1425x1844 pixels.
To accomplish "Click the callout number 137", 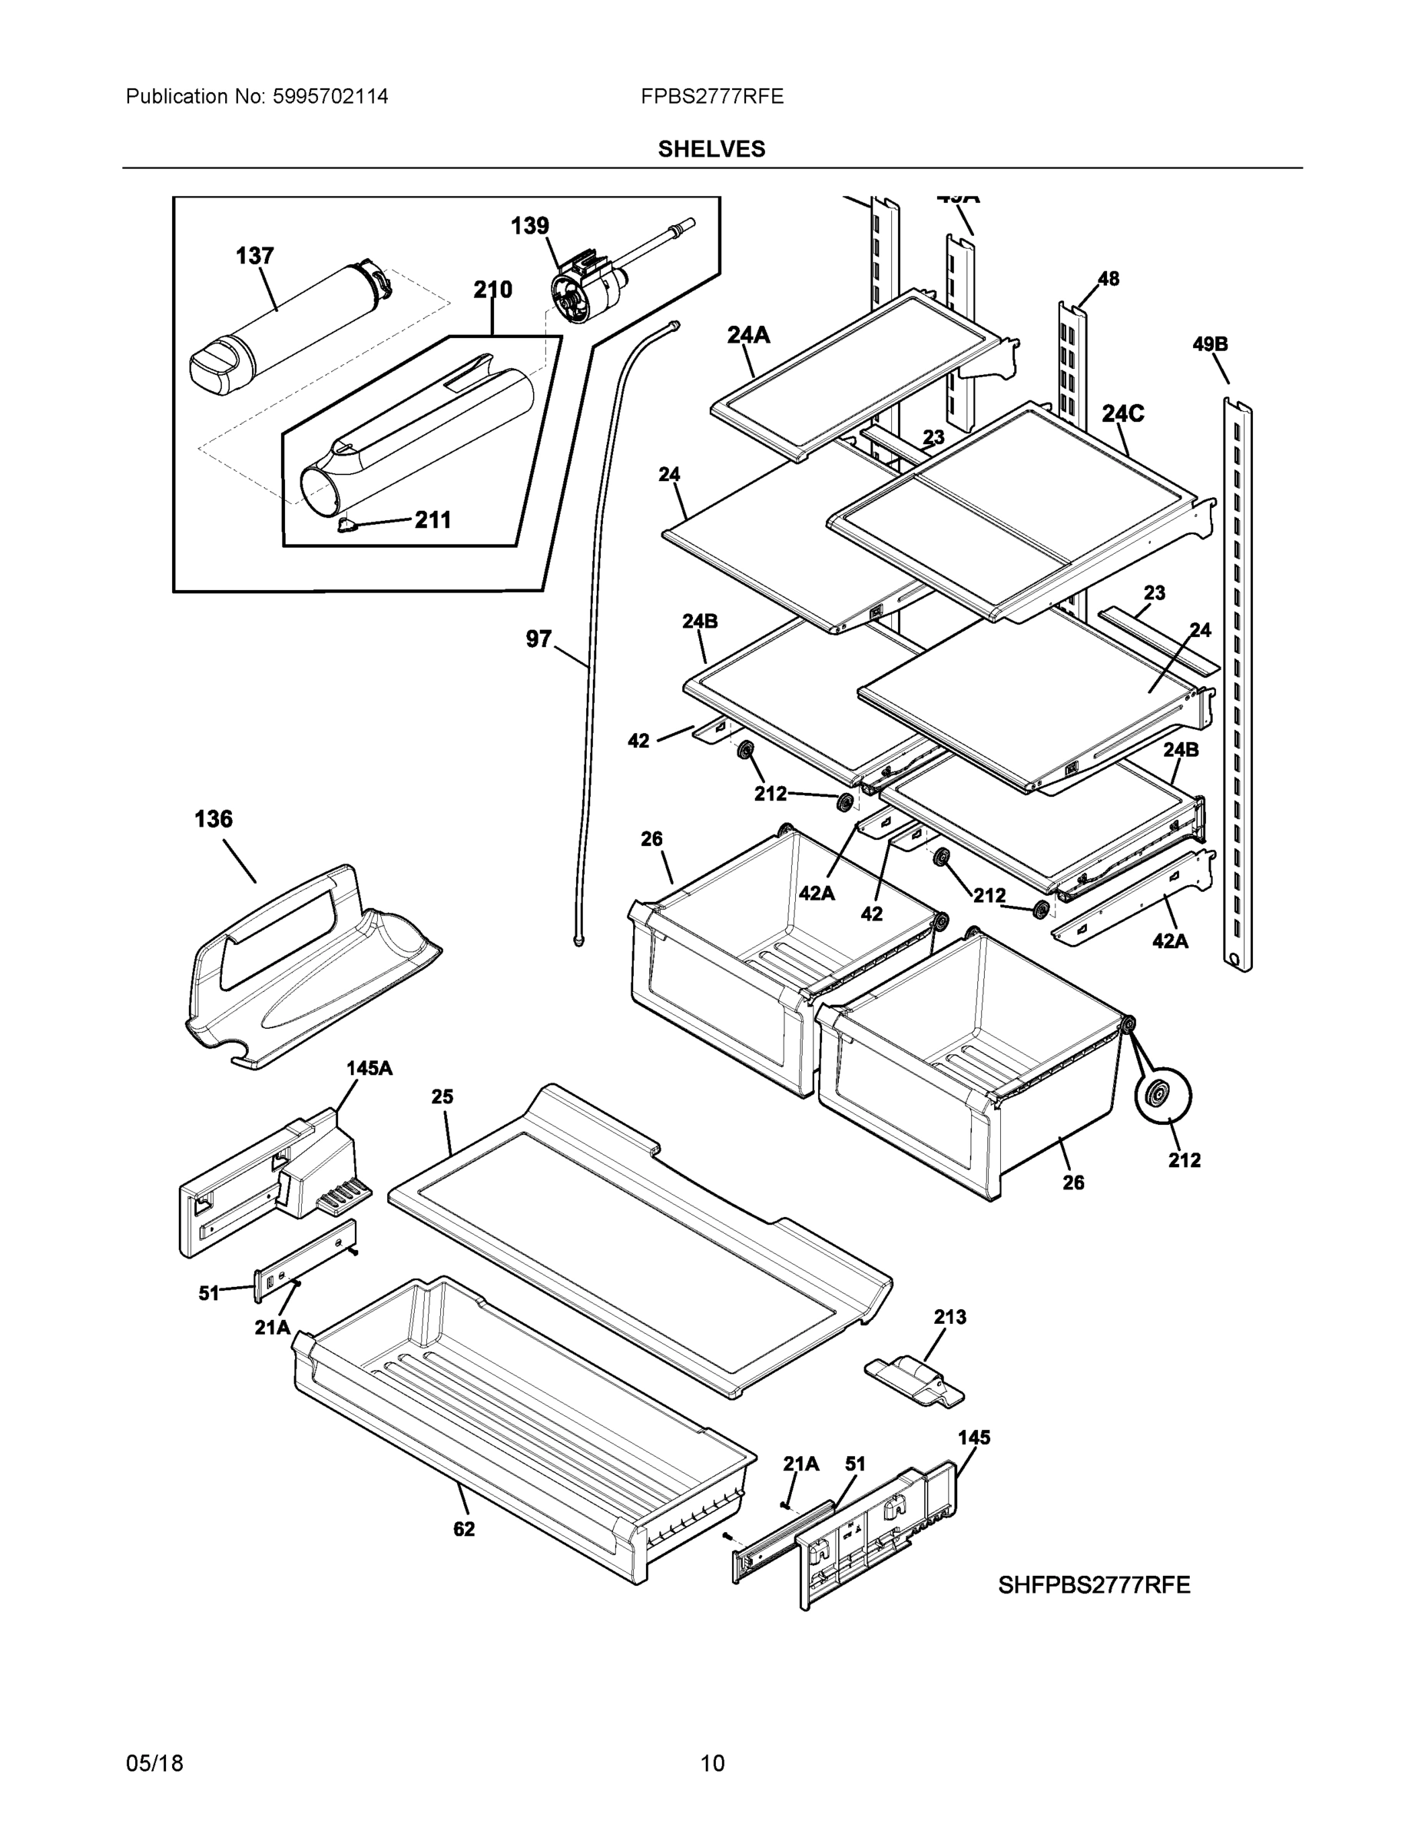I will [254, 256].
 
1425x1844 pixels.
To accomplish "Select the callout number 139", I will [529, 227].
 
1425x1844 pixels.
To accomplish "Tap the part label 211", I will [432, 519].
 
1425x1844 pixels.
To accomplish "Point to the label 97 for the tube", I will [539, 639].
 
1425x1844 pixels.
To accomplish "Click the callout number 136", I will [213, 819].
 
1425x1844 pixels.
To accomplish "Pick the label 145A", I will [369, 1068].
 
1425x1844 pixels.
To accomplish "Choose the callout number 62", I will [463, 1529].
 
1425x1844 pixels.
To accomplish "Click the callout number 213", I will [949, 1317].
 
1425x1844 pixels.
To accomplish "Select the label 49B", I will [1210, 344].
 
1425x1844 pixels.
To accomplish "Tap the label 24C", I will [1123, 413].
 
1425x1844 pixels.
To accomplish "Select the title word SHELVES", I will [711, 150].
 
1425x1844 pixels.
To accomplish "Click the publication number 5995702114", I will [330, 97].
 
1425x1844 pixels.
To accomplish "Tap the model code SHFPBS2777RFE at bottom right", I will [1093, 1586].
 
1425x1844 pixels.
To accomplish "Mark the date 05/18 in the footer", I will [154, 1764].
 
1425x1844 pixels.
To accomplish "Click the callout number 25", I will [442, 1096].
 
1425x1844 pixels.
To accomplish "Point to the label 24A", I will [749, 336].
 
